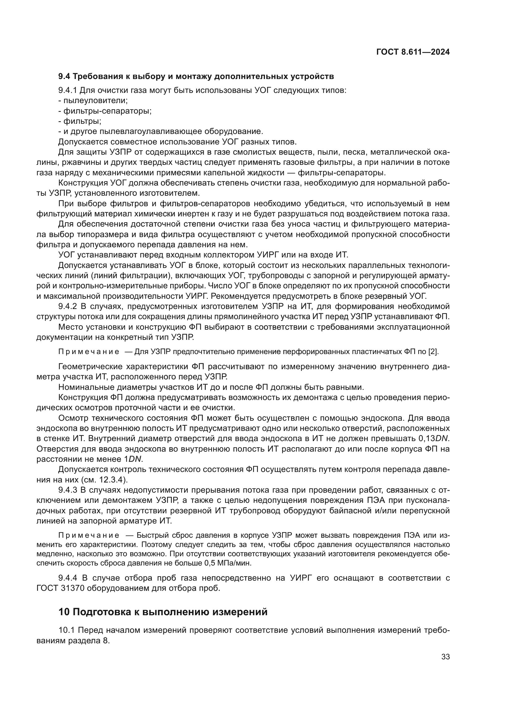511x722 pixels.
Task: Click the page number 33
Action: click(445, 657)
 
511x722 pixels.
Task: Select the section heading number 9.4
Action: click(65, 77)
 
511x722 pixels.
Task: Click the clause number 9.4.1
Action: click(67, 90)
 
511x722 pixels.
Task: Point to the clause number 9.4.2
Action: click(67, 306)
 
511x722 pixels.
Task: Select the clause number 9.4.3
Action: click(67, 490)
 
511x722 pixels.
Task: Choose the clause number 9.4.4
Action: click(67, 578)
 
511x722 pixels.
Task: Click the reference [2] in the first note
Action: click(433, 352)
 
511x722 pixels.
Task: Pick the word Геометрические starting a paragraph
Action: click(90, 367)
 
